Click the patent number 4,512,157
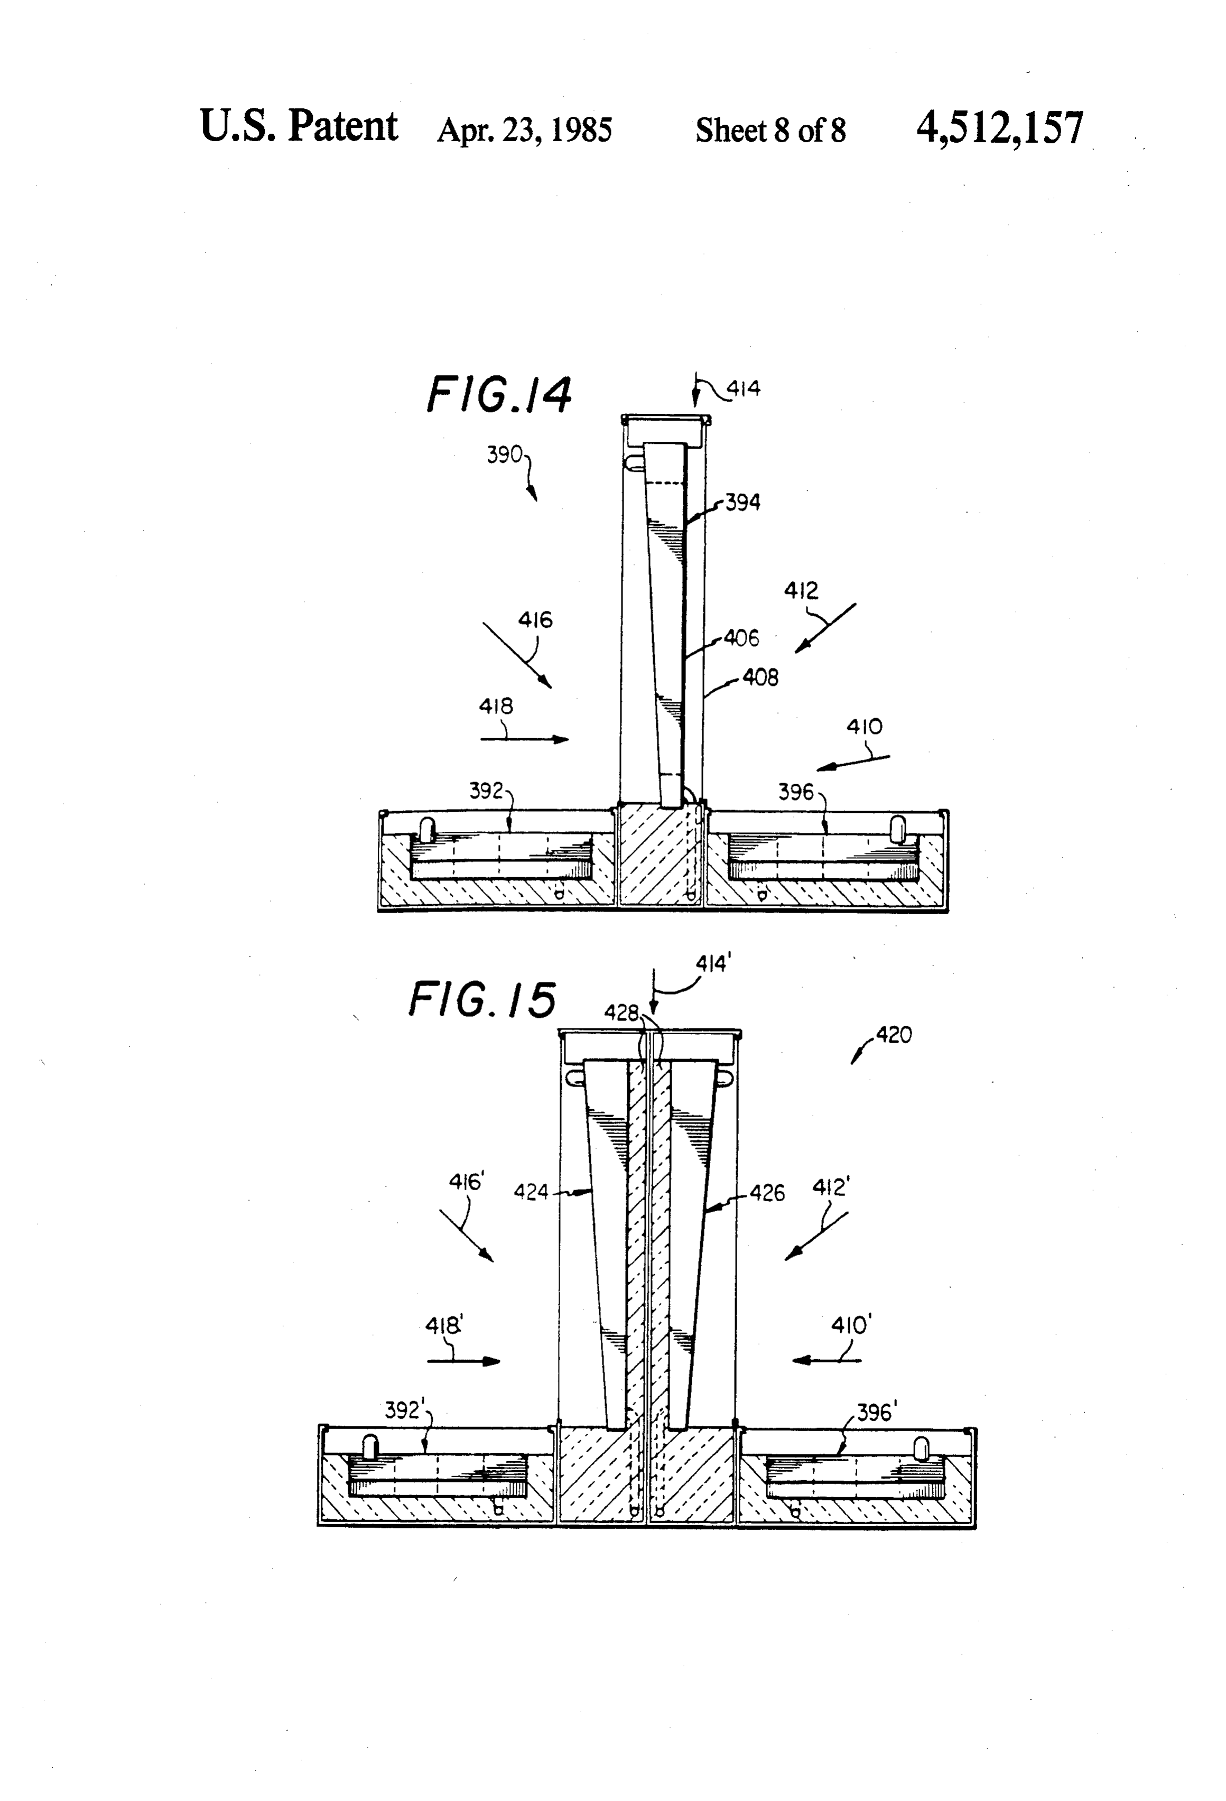click(x=1000, y=128)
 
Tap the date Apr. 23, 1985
click(x=525, y=130)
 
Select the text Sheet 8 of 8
click(x=770, y=130)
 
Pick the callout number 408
click(x=760, y=677)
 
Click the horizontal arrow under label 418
click(x=525, y=739)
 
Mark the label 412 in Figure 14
click(x=801, y=591)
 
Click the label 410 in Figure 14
click(x=864, y=727)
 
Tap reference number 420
click(x=894, y=1035)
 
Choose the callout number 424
click(x=532, y=1192)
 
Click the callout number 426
click(x=767, y=1193)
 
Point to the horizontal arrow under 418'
click(x=464, y=1361)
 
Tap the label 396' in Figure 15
click(x=876, y=1413)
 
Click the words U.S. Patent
click(x=299, y=126)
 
